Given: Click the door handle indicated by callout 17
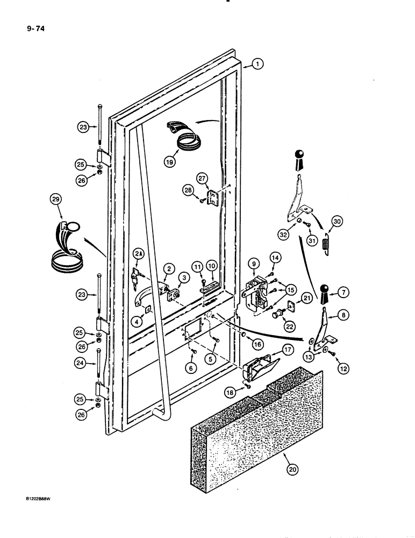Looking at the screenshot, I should pos(261,369).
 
